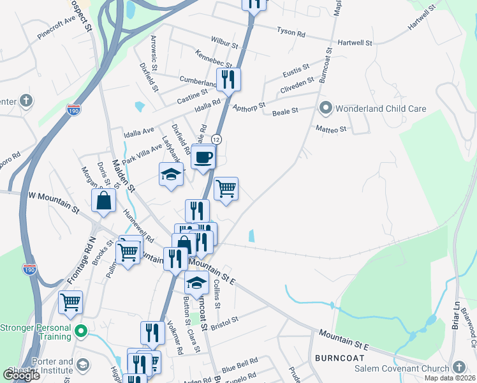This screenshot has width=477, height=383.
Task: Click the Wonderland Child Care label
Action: (x=381, y=109)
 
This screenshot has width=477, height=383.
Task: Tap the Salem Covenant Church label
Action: (x=406, y=367)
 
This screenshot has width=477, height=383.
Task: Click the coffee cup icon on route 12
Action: (x=203, y=156)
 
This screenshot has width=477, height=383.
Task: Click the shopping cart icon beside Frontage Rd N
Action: (x=70, y=302)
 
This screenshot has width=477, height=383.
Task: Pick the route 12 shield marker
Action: (x=217, y=139)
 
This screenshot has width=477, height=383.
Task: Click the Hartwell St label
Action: (x=355, y=43)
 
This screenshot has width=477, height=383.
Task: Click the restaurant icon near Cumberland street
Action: (x=228, y=79)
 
